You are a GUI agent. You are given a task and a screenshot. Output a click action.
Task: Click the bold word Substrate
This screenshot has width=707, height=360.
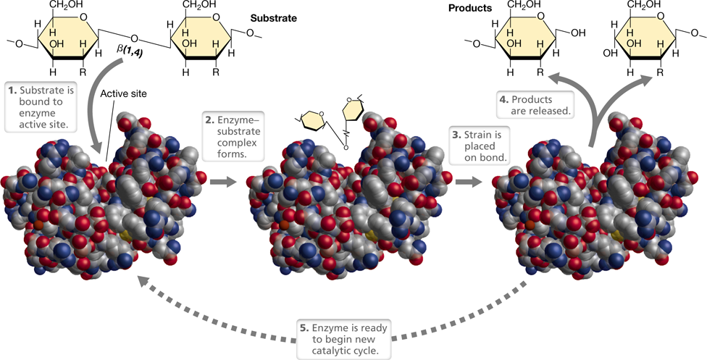[x=274, y=19]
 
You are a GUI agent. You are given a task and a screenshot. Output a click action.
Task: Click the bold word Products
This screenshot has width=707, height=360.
[x=470, y=8]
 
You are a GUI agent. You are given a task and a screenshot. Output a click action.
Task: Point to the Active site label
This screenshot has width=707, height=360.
[x=123, y=94]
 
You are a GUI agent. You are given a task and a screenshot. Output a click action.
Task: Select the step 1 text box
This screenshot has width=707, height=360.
[x=41, y=107]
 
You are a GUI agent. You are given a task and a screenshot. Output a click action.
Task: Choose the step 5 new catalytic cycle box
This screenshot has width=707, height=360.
[x=343, y=339]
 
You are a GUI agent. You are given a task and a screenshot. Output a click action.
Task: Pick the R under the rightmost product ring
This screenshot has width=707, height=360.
[x=660, y=72]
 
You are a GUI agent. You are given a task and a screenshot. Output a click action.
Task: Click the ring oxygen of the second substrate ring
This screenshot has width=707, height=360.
[x=216, y=17]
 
